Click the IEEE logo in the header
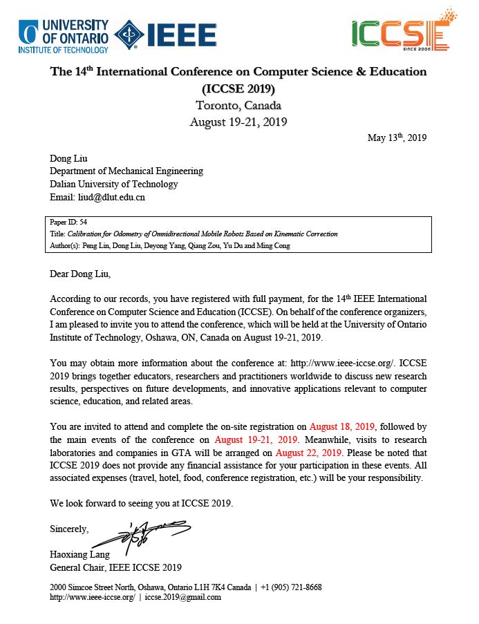tap(165, 32)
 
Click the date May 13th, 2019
tap(397, 138)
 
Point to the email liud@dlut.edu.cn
tap(97, 197)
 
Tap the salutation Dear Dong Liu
tap(80, 274)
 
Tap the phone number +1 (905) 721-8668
tap(290, 587)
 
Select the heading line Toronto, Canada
tap(238, 106)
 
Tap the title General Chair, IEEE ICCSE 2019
tap(116, 567)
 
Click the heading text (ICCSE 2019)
tap(238, 89)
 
